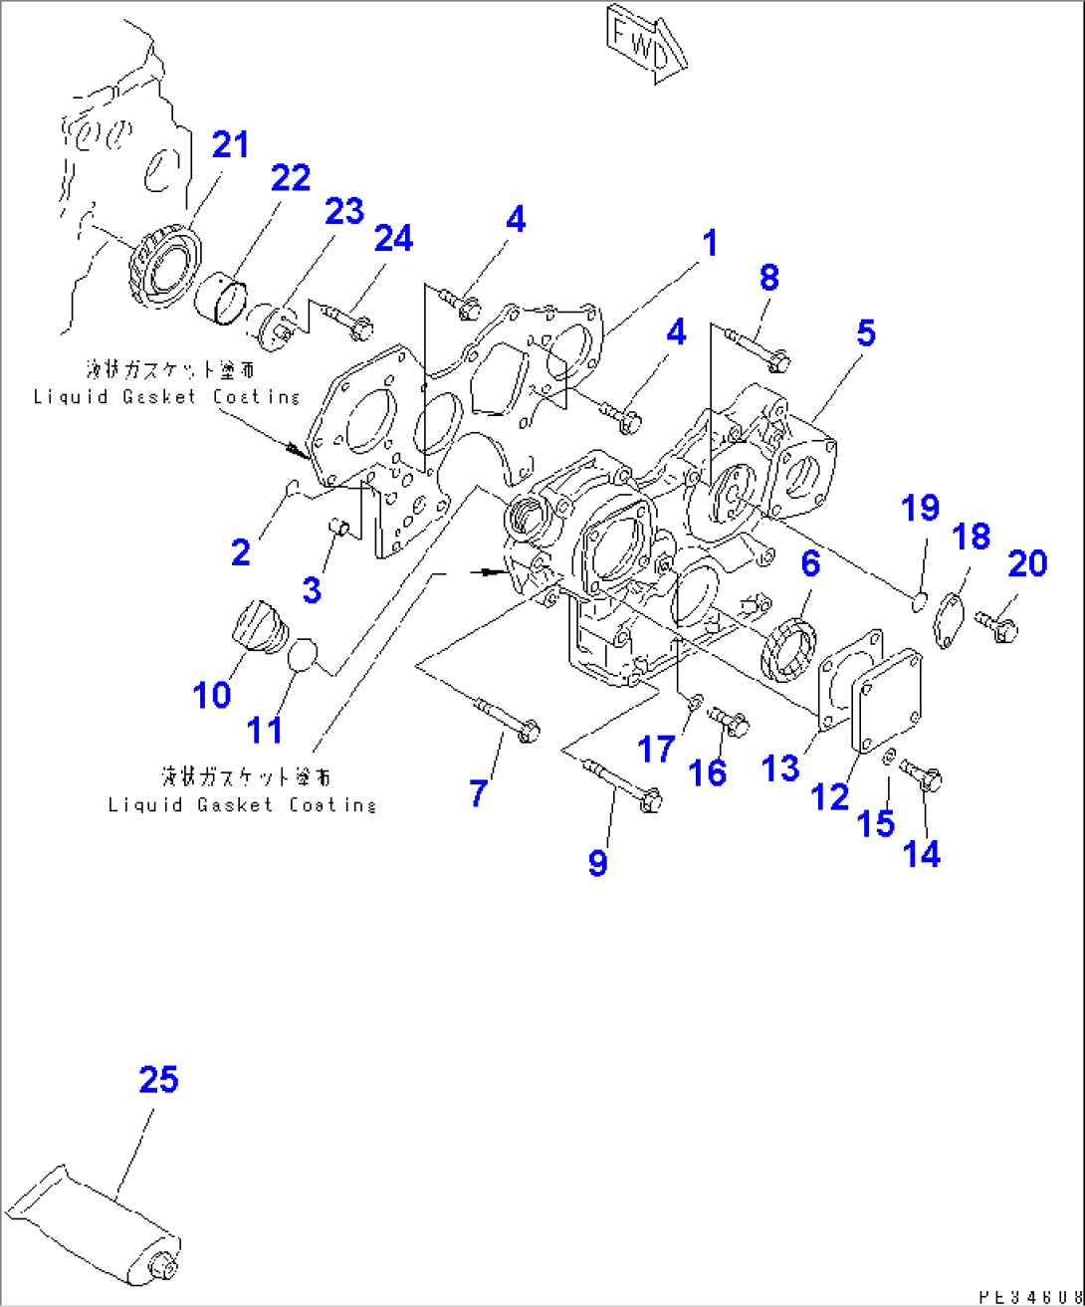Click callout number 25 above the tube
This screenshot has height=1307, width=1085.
158,1080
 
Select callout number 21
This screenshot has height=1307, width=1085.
230,145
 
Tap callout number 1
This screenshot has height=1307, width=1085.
709,244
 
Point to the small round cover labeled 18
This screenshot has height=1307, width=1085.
950,611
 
